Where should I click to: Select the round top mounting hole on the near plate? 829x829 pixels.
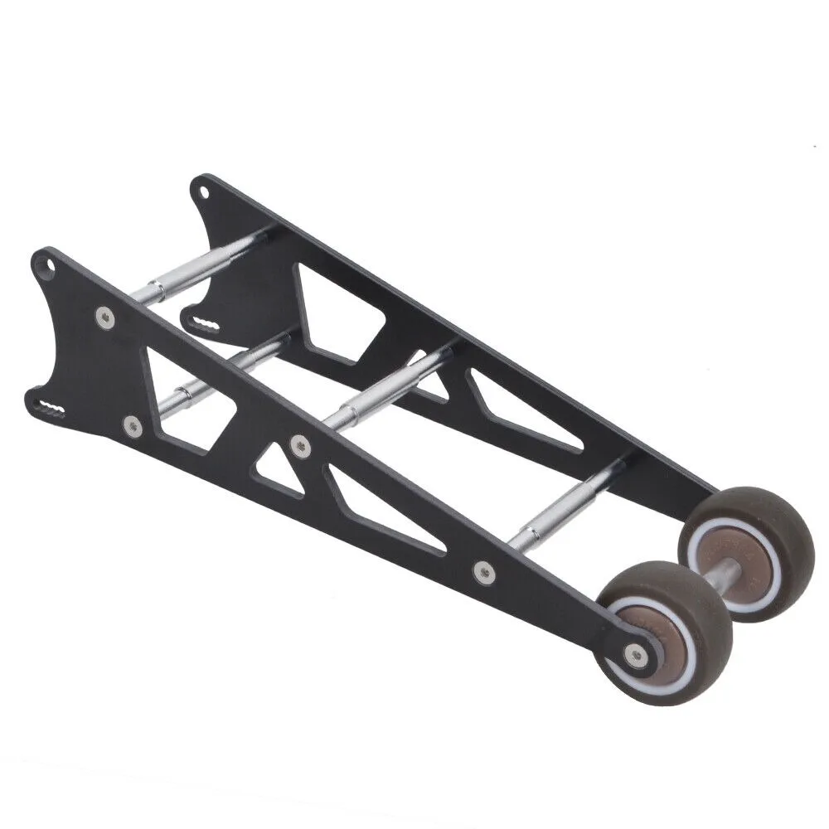click(x=51, y=267)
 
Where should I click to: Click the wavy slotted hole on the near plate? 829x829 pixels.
click(x=51, y=408)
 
